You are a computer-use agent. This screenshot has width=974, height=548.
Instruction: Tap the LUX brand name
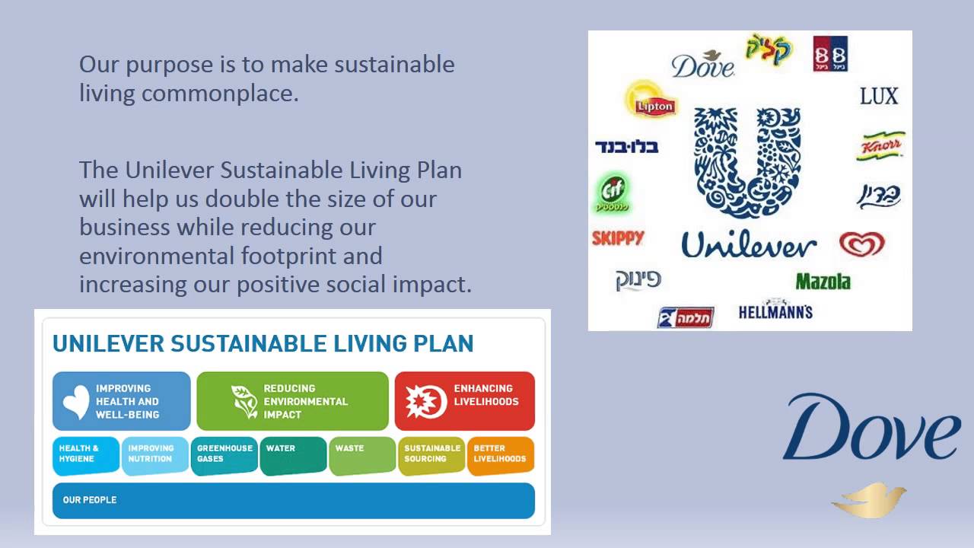point(879,97)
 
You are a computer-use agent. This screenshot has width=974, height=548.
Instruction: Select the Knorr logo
point(880,146)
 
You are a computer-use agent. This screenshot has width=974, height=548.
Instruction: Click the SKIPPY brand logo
point(618,238)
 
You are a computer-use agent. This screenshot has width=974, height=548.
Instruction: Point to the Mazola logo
point(823,282)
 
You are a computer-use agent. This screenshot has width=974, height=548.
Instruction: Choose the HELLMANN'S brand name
point(775,311)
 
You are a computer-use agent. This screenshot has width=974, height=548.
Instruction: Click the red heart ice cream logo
point(862,244)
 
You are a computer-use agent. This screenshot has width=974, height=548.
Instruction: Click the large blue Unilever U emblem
point(747,162)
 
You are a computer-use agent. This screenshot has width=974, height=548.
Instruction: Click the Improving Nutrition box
point(155,455)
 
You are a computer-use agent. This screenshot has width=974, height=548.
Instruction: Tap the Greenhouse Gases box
point(224,455)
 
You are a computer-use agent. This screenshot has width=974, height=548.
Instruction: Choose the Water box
point(293,455)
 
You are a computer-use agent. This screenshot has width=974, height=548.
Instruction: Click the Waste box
point(361,455)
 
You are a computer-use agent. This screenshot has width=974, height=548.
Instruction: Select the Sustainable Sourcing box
point(431,455)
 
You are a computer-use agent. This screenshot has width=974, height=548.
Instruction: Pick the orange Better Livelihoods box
point(500,455)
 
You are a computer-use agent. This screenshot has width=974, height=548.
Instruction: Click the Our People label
point(90,500)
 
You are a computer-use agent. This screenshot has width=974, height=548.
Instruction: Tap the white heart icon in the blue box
point(76,402)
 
